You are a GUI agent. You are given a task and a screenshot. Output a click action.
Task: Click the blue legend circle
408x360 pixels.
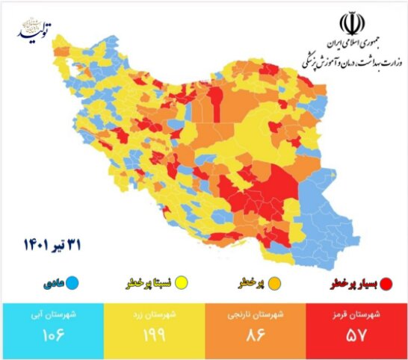[x=73, y=283]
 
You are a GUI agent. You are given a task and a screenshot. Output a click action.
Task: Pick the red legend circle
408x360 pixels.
[x=386, y=283]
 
